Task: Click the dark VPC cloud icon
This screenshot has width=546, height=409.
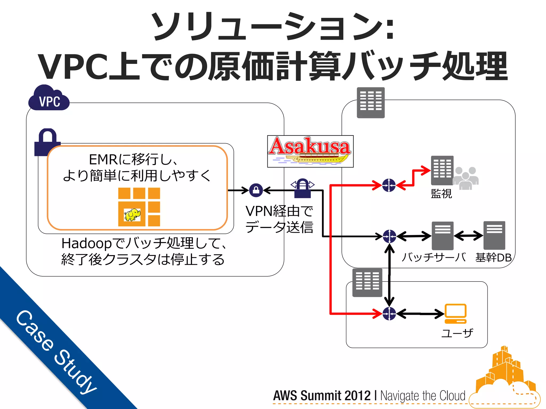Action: pos(49,99)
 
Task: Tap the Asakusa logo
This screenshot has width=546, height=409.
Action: pos(310,151)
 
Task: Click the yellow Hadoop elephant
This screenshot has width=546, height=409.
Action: pos(132,215)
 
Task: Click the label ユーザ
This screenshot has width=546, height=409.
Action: pos(457,333)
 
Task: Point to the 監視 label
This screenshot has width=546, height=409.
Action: pos(441,194)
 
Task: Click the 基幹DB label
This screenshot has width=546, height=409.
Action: pos(493,257)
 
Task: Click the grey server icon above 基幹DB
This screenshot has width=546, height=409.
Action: pos(494,235)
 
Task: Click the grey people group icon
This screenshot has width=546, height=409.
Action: pos(465,178)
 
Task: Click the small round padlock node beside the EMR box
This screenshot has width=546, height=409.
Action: pos(256,190)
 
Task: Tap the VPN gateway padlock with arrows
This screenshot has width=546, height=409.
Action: pos(303,188)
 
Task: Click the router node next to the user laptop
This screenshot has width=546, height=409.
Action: pos(389,314)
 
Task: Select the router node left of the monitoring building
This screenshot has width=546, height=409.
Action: pos(389,185)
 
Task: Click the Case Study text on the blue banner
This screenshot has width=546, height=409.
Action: pos(56,351)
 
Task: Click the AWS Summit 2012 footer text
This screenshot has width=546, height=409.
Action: pos(322,395)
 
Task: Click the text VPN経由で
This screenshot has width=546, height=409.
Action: pos(279,211)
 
